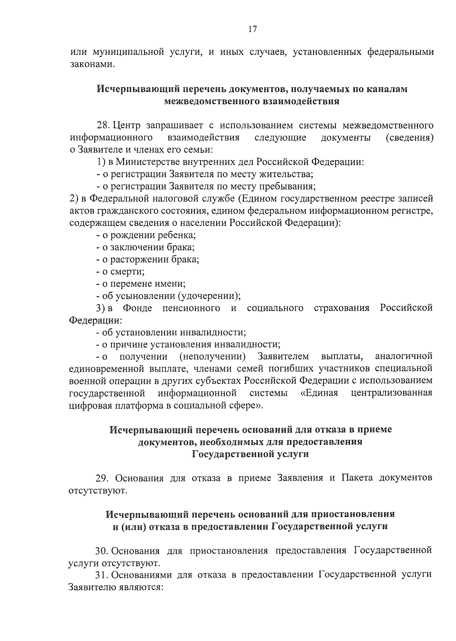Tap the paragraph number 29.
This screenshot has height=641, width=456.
coord(103,478)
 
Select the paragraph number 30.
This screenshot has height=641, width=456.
coord(102,551)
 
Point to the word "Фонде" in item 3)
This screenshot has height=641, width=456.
coord(138,308)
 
